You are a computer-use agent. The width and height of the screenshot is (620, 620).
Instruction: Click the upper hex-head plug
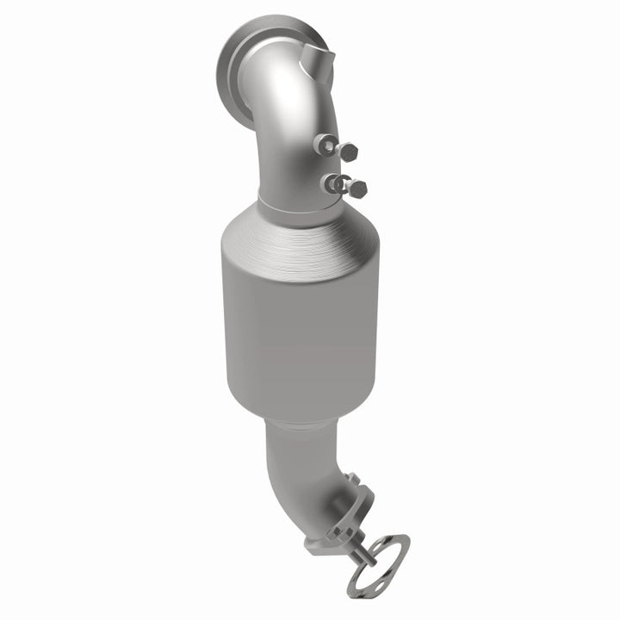click(x=349, y=152)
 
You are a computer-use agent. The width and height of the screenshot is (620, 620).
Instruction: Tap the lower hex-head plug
click(x=356, y=189)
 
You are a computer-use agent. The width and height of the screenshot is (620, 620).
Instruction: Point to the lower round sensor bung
click(x=328, y=183)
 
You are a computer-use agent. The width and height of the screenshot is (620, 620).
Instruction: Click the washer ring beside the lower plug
click(x=343, y=183)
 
